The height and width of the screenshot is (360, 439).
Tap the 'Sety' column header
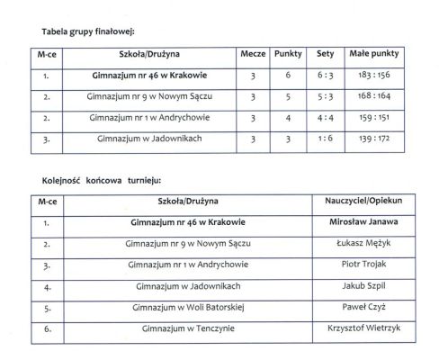click(x=325, y=54)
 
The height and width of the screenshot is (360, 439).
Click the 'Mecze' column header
click(x=253, y=54)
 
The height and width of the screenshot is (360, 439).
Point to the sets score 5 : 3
click(x=325, y=97)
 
